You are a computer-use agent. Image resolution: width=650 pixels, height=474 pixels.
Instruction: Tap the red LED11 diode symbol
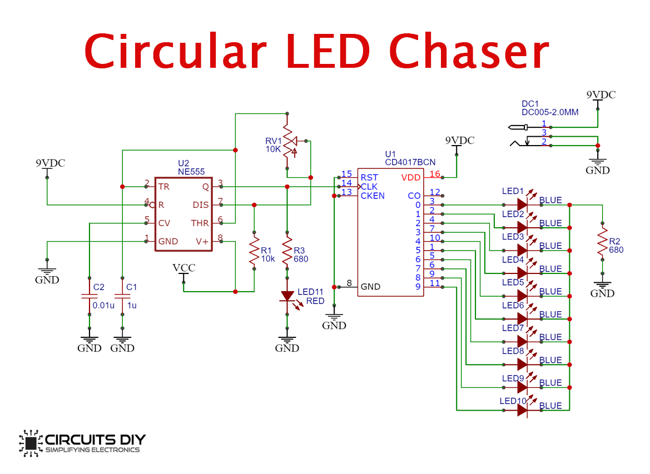tap(287, 296)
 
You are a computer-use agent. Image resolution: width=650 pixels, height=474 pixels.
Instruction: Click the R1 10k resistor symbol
tap(254, 252)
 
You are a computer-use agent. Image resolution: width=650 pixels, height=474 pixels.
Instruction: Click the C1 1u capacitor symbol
tap(122, 296)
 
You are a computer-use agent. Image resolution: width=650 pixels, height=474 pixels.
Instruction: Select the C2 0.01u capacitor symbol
tap(89, 296)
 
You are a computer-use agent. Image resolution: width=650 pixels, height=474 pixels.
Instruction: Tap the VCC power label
tap(184, 268)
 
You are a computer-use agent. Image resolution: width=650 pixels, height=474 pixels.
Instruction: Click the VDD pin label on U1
tap(411, 178)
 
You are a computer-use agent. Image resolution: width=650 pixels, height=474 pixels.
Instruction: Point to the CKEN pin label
tap(373, 196)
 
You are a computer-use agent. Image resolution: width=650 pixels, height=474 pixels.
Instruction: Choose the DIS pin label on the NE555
tap(200, 205)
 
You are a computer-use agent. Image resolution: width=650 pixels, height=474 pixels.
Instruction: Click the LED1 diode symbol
tap(522, 204)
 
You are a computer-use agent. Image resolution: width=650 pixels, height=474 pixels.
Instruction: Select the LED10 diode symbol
tap(522, 410)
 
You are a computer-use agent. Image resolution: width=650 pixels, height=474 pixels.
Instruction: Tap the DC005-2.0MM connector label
tap(550, 112)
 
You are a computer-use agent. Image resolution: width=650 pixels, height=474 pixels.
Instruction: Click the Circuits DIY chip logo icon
tap(31, 443)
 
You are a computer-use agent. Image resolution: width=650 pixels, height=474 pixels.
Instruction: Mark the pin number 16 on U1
tap(434, 174)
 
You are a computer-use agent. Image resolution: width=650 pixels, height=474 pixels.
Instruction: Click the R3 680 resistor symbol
tap(287, 252)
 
